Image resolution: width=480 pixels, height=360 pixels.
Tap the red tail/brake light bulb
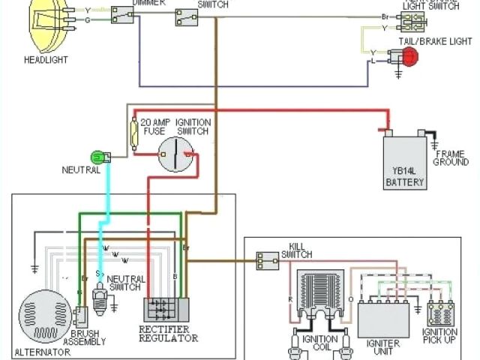(409, 55)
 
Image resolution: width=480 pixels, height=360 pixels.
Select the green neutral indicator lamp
(97, 157)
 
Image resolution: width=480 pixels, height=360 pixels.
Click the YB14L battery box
(404, 161)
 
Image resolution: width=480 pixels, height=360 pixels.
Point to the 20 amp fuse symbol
(135, 136)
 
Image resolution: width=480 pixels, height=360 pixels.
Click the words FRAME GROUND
(451, 157)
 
